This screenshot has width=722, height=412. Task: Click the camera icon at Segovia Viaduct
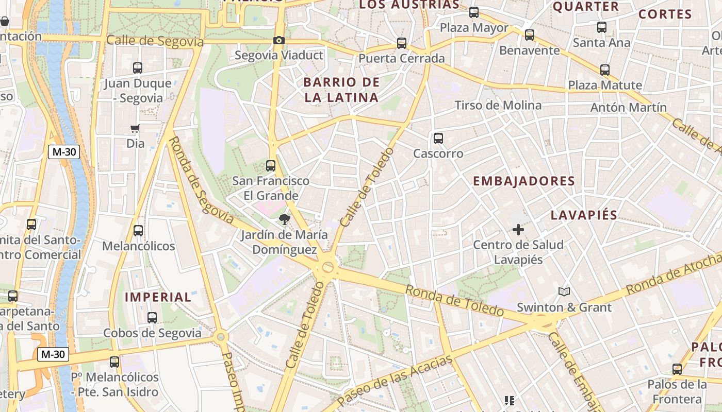click(x=278, y=40)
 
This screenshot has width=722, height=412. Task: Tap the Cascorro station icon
click(x=438, y=138)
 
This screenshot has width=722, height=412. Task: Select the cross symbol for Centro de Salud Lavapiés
click(x=518, y=229)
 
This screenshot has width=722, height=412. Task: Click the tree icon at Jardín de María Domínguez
click(x=284, y=219)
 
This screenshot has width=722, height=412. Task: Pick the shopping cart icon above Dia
click(x=135, y=128)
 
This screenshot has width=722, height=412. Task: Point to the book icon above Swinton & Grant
click(x=564, y=292)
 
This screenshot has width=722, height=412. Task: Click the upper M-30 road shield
click(x=64, y=152)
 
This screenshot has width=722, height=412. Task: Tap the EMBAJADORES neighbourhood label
click(x=523, y=181)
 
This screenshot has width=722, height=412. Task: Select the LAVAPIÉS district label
click(x=584, y=215)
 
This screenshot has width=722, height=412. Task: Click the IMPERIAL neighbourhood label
click(x=158, y=297)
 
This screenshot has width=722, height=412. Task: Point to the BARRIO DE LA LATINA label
click(x=341, y=90)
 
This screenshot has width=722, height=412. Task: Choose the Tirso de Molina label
click(x=498, y=106)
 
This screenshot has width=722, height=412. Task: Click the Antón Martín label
click(x=629, y=108)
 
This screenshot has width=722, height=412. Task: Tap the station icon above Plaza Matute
click(x=604, y=70)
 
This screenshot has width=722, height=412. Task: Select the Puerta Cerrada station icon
click(x=402, y=43)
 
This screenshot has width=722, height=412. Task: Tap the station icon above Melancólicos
click(x=138, y=230)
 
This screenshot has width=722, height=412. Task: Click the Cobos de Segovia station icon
click(x=152, y=317)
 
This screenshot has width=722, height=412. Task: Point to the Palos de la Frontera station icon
click(x=677, y=369)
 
